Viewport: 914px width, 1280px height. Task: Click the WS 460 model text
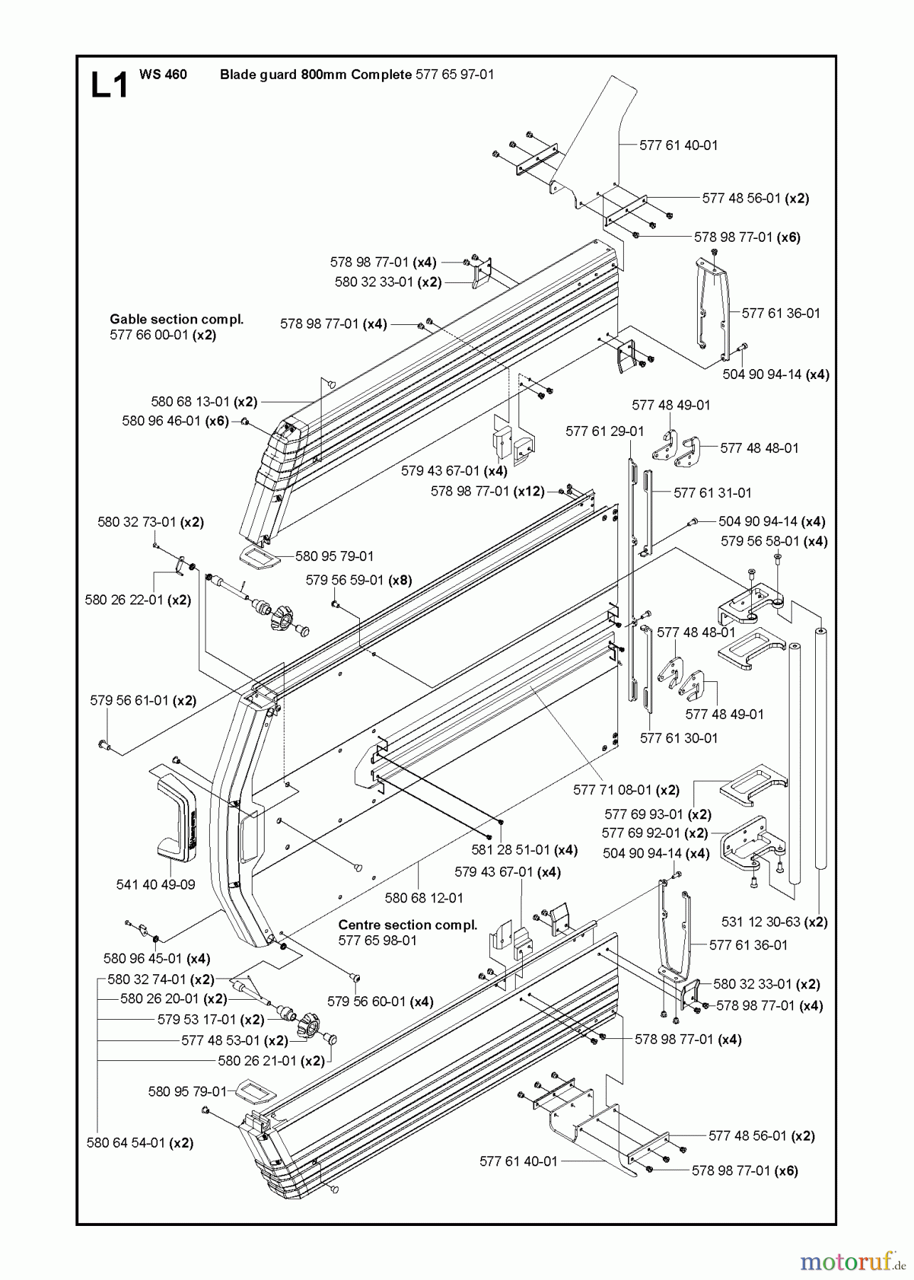point(164,74)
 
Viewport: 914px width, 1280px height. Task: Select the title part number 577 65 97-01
point(454,74)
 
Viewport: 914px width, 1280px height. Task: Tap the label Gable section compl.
point(176,319)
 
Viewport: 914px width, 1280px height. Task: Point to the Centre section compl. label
point(408,924)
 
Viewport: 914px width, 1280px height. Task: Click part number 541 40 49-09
point(155,885)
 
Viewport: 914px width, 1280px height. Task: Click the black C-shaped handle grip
point(174,818)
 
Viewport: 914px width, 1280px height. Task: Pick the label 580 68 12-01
point(424,897)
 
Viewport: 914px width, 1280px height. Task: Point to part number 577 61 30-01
point(679,738)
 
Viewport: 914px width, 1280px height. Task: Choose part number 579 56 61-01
point(129,700)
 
